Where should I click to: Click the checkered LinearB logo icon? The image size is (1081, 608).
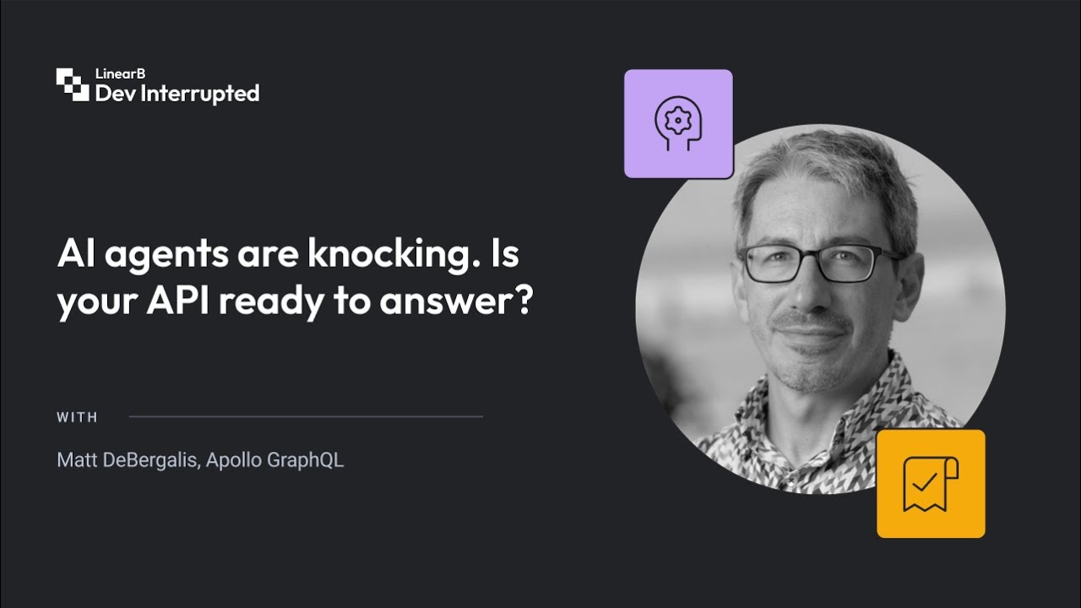point(73,84)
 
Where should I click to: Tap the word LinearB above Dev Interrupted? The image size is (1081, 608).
point(120,73)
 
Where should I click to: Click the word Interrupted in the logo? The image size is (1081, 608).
point(200,94)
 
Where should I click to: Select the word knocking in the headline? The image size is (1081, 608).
point(394,255)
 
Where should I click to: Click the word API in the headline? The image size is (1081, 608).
point(178,300)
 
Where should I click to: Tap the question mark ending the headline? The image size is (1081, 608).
point(523,299)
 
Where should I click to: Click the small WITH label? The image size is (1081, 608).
point(77,417)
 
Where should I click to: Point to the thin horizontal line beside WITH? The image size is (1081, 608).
point(306,416)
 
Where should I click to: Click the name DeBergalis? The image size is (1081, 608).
point(150,460)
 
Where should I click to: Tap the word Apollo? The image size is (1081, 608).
point(234,461)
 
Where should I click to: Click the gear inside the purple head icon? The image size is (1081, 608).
point(677,120)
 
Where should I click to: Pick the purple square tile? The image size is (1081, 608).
point(678,124)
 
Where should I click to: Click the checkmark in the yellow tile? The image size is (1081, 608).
point(925,482)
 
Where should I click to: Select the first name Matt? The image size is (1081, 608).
point(77,460)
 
